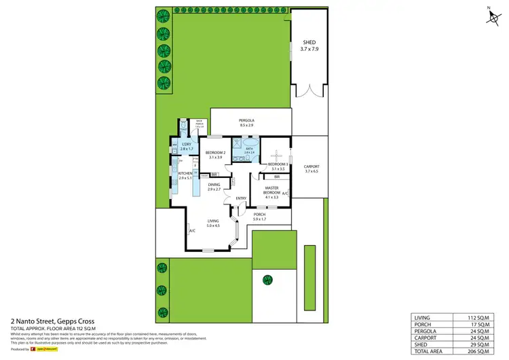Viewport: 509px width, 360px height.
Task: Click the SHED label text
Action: click(309, 42)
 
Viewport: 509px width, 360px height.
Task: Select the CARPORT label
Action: click(312, 166)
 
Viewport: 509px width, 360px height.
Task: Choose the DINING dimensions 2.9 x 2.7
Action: click(214, 190)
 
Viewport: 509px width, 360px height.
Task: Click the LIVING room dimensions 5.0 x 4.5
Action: click(213, 226)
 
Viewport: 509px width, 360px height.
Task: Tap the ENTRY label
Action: click(240, 198)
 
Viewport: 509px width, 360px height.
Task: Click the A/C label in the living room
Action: click(192, 231)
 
